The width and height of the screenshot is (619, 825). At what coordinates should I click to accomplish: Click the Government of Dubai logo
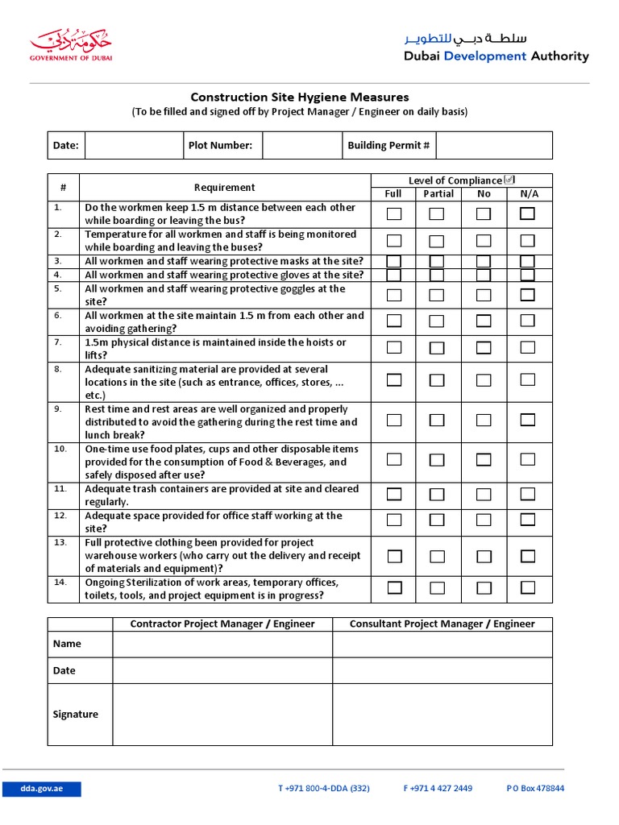71,45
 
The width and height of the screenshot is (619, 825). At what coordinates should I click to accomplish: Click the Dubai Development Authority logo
496,48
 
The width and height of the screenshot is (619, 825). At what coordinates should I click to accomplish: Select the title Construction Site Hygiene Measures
299,97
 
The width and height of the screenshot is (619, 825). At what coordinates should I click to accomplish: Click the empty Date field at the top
134,146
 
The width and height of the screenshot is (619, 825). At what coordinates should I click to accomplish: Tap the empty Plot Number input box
301,146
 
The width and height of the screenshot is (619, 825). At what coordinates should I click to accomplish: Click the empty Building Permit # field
493,146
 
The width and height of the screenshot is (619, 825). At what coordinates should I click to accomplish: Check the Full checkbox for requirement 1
394,214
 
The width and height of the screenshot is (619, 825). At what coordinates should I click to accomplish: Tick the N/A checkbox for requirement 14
527,588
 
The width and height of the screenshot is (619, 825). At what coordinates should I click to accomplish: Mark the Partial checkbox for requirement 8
436,380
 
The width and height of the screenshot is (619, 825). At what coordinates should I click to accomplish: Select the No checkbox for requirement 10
484,460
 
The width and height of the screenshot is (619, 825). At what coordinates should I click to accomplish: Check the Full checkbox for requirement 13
394,556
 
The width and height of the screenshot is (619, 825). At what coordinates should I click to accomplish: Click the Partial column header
438,193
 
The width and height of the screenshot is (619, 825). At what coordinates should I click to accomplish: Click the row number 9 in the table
58,409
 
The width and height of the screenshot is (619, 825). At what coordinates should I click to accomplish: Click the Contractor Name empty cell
222,644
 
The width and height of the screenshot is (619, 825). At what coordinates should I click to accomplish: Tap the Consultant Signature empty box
442,714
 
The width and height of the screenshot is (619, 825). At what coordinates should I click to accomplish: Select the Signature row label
76,714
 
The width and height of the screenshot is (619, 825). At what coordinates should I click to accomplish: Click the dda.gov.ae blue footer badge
42,788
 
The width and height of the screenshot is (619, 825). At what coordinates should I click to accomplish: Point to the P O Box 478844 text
535,788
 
